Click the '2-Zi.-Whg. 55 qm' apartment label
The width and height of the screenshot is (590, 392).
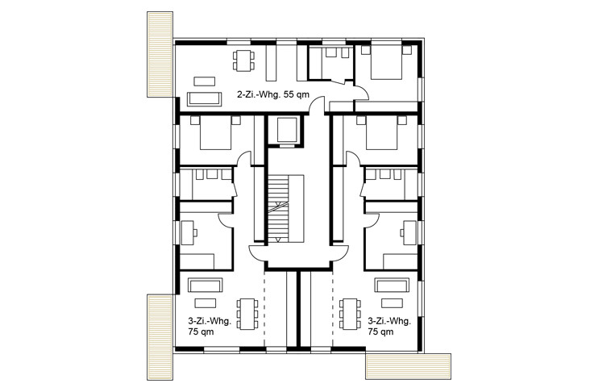(x=273, y=94)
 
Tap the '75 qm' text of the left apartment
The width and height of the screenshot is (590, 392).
(x=201, y=332)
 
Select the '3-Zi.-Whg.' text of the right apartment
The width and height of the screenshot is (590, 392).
(x=389, y=321)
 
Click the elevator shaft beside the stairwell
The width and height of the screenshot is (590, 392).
(x=288, y=130)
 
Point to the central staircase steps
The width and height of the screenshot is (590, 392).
(x=278, y=208)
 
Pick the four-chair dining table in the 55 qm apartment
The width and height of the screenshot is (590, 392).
(x=243, y=60)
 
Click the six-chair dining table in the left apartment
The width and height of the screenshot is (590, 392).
(x=247, y=314)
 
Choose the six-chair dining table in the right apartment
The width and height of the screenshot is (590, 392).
(x=350, y=314)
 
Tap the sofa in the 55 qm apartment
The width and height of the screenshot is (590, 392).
(x=204, y=98)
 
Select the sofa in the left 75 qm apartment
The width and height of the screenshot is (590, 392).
(x=206, y=286)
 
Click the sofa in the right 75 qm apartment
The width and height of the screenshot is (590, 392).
(x=392, y=286)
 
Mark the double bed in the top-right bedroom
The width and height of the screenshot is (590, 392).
(x=386, y=62)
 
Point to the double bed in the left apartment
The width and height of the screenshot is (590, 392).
(x=215, y=133)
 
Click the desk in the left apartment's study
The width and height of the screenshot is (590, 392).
(x=187, y=233)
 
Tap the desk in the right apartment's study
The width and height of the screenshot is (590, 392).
(x=409, y=233)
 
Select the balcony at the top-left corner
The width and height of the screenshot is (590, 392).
(x=160, y=55)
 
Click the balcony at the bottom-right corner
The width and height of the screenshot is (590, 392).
(x=409, y=366)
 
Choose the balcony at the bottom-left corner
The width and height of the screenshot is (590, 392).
(x=160, y=337)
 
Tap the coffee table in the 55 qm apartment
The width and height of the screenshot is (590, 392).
(x=204, y=81)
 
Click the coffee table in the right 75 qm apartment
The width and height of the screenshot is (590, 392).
(x=392, y=303)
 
